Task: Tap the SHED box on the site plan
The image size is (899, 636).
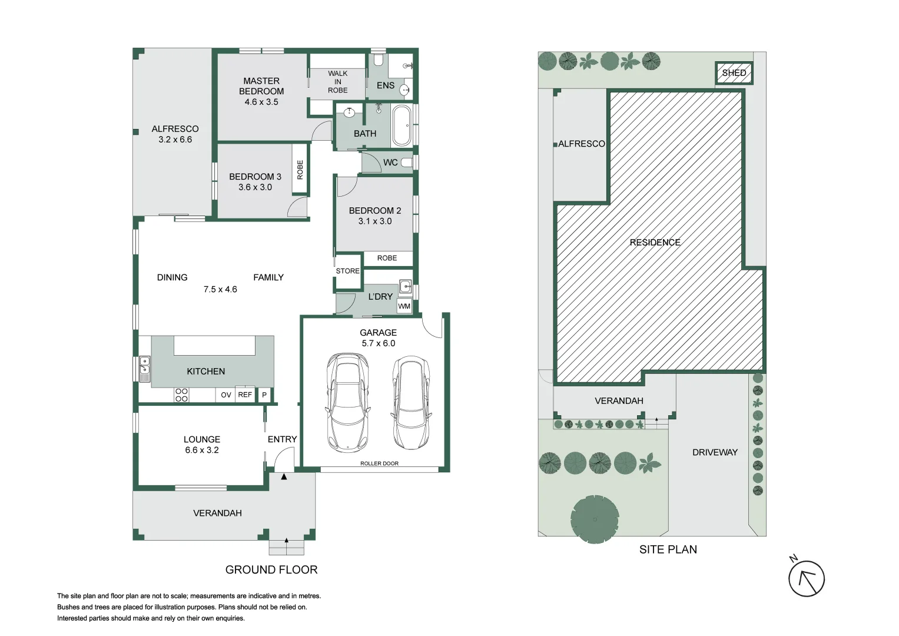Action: [734, 73]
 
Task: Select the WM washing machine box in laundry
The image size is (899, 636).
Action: [404, 306]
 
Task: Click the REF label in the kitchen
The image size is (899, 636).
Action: [245, 395]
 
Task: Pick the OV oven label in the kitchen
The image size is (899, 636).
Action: [226, 395]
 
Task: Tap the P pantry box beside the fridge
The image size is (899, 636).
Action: [264, 395]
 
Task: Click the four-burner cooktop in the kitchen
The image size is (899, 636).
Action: [181, 395]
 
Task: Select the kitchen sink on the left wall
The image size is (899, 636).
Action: [144, 369]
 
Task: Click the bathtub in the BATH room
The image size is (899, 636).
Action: [403, 125]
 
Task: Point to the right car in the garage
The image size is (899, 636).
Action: [411, 402]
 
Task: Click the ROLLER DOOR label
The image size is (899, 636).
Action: [379, 463]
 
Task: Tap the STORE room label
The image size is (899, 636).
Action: [347, 271]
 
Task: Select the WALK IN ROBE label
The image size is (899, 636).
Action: [338, 82]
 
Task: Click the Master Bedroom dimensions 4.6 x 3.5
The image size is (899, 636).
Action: [261, 102]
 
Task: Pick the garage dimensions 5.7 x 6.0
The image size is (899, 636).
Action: [378, 343]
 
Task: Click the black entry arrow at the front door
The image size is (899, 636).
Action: [284, 476]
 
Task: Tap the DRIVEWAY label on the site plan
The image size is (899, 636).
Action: [715, 452]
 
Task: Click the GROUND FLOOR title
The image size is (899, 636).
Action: [271, 569]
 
